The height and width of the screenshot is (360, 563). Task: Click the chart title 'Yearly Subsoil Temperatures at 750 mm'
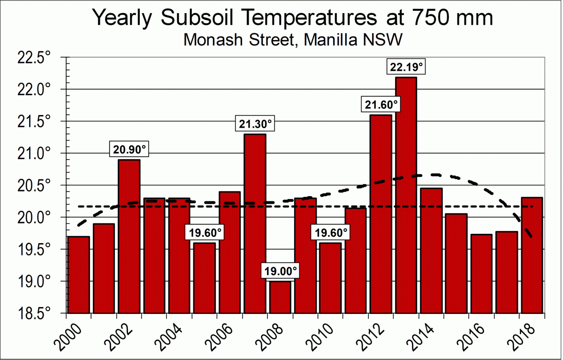coord(293,18)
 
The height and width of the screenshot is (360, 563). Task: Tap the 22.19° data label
coord(406,68)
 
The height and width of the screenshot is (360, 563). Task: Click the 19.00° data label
coord(280,271)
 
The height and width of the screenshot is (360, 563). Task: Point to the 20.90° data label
coord(129,150)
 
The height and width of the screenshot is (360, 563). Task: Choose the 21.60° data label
coord(381,105)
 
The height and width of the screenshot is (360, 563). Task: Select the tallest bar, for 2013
coord(406,197)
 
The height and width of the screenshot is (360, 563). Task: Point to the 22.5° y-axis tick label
coord(34,58)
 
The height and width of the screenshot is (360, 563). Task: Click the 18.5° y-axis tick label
coord(34,314)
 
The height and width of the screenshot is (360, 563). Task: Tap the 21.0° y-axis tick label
coord(34,154)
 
